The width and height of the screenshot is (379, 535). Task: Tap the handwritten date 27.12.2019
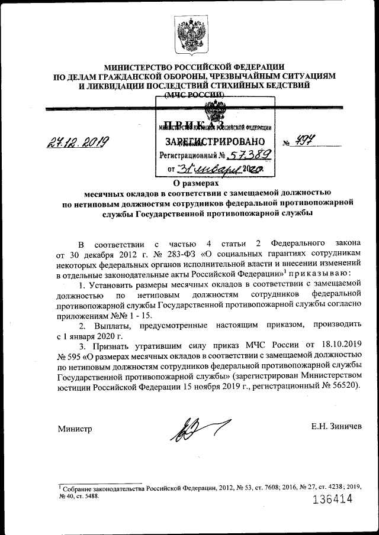(81, 143)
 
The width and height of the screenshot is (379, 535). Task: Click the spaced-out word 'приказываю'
(319, 274)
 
